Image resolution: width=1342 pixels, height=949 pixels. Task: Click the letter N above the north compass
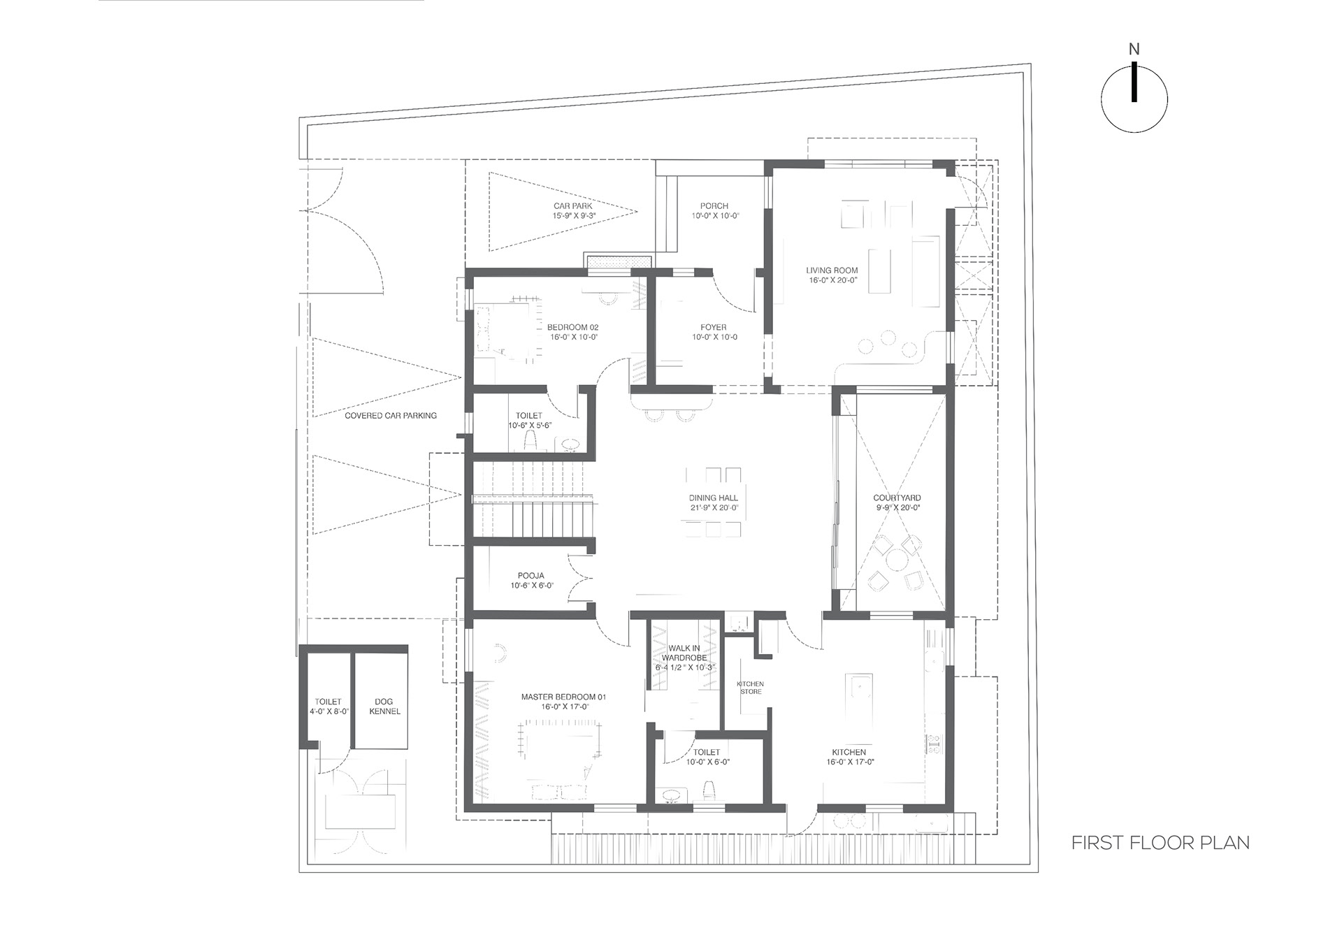pyautogui.click(x=1134, y=50)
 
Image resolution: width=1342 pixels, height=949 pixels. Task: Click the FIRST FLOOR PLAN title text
pyautogui.click(x=1160, y=843)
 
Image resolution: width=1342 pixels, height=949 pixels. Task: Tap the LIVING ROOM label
pyautogui.click(x=832, y=270)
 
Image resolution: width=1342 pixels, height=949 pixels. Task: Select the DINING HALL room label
pyautogui.click(x=713, y=498)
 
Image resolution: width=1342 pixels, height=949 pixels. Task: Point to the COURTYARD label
pyautogui.click(x=897, y=498)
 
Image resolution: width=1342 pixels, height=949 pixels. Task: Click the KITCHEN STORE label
pyautogui.click(x=750, y=688)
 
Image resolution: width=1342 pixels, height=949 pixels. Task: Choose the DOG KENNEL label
pyautogui.click(x=384, y=707)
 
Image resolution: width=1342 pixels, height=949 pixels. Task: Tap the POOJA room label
pyautogui.click(x=531, y=576)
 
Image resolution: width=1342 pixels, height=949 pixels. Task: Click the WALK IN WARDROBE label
pyautogui.click(x=684, y=653)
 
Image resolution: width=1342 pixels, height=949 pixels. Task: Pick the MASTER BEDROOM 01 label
pyautogui.click(x=563, y=697)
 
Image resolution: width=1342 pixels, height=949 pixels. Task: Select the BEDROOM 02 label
pyautogui.click(x=572, y=327)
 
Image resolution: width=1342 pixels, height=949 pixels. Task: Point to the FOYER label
pyautogui.click(x=714, y=327)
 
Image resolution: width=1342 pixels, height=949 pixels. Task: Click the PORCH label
pyautogui.click(x=714, y=206)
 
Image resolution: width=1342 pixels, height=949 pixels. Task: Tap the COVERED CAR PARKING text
pyautogui.click(x=391, y=416)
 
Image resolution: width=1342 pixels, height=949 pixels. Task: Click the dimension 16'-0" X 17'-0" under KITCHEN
pyautogui.click(x=849, y=762)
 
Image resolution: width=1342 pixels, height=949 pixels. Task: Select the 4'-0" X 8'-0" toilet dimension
pyautogui.click(x=328, y=711)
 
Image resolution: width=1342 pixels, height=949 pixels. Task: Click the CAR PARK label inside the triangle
pyautogui.click(x=572, y=206)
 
